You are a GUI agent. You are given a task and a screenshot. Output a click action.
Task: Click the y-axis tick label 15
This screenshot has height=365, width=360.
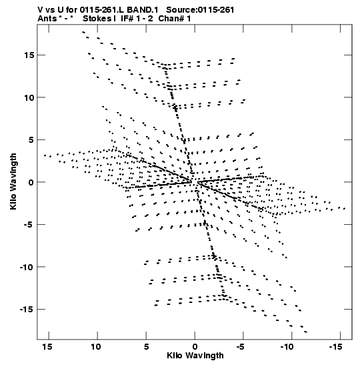tap(29, 55)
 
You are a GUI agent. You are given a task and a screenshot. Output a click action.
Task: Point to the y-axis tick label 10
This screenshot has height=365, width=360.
tap(29, 97)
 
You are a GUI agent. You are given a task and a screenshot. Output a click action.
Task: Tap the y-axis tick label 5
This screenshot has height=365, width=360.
tap(31, 140)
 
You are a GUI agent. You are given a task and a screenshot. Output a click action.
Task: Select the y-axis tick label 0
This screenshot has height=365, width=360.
tap(31, 182)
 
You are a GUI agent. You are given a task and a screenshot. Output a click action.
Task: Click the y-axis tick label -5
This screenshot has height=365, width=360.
tap(28, 225)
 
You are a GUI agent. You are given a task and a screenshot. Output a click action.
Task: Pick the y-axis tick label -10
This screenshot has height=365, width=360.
tap(27, 267)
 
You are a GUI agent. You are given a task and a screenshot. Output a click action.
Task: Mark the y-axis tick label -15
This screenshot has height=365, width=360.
tap(27, 310)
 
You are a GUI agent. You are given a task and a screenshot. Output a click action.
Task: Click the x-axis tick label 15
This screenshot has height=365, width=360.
tap(47, 347)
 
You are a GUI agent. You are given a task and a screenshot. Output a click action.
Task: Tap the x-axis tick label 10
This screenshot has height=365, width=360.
tap(96, 347)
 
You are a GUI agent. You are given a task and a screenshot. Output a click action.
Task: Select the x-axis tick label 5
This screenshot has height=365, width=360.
tap(146, 347)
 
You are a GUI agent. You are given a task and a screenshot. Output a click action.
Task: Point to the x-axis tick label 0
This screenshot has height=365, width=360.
tap(195, 347)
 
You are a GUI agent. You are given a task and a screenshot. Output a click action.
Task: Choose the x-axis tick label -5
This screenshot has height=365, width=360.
tap(241, 347)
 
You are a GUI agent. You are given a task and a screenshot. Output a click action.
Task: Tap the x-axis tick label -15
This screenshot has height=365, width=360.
tap(335, 347)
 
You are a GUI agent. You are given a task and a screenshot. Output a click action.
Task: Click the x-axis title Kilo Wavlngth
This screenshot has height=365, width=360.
tap(195, 356)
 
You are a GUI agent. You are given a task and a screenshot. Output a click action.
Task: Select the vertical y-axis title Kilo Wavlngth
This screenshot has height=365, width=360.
tap(13, 181)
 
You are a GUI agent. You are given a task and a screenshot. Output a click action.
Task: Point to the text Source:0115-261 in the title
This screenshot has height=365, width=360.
tap(200, 10)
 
